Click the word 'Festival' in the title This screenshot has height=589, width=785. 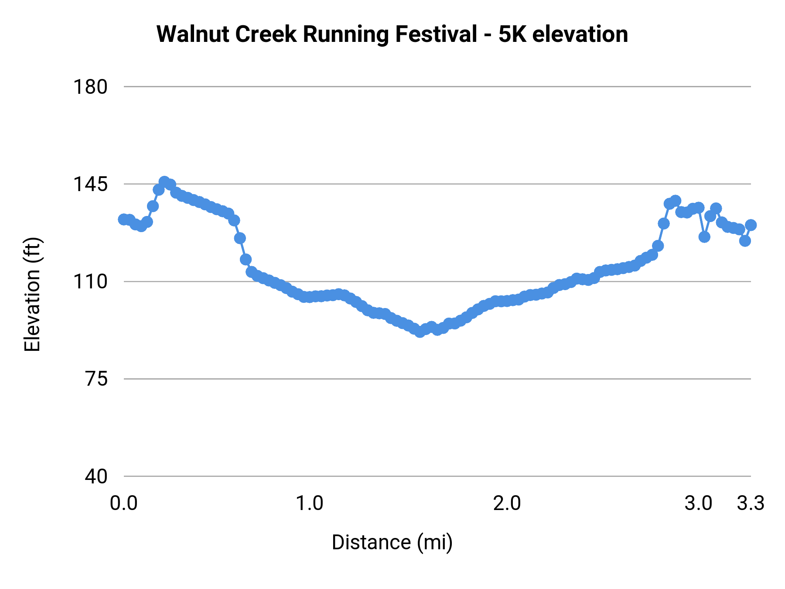[436, 34]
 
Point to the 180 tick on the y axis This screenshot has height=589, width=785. [90, 87]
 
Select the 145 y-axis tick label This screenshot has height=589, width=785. [90, 184]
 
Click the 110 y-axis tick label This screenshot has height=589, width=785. [90, 282]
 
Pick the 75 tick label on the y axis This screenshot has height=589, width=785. [96, 379]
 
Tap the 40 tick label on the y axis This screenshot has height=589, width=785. [96, 476]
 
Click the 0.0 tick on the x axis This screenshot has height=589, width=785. [124, 503]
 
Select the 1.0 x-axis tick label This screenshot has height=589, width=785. [310, 503]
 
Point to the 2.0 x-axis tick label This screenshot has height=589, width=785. [507, 503]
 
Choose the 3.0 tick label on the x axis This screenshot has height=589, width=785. [698, 503]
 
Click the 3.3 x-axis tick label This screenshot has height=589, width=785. [751, 503]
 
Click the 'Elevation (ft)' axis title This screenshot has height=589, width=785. [32, 294]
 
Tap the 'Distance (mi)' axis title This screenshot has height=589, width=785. [392, 542]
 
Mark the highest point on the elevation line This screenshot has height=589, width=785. [164, 182]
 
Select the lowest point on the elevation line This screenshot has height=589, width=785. [420, 332]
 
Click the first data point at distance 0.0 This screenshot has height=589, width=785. [124, 219]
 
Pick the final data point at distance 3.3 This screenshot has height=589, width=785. [751, 225]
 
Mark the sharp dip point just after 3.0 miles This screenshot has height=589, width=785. [704, 237]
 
